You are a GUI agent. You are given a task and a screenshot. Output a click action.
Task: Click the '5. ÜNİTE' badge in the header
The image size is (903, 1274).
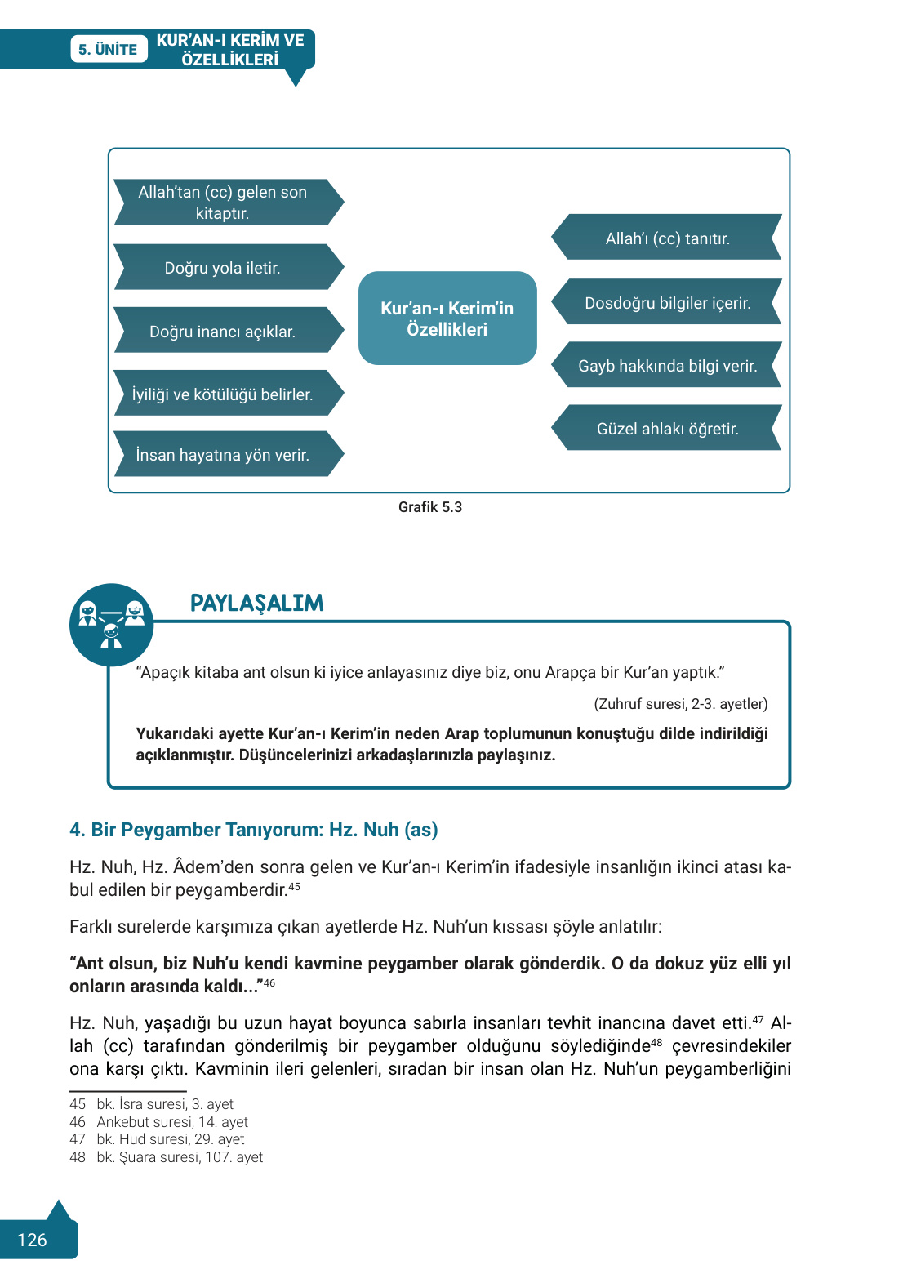click(108, 49)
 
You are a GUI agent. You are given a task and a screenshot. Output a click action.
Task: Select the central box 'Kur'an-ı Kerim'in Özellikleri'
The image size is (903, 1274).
click(447, 318)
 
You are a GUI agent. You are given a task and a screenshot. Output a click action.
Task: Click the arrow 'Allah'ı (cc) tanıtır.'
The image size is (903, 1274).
click(667, 238)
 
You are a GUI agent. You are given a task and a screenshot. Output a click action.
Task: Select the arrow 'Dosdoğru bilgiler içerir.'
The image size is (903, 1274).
click(667, 302)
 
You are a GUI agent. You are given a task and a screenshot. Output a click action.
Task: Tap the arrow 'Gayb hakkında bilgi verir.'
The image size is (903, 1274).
click(667, 365)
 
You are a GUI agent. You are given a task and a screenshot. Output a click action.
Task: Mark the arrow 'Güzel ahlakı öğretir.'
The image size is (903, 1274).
click(667, 428)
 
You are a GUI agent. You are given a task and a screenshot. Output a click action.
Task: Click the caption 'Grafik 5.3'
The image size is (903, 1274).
click(430, 507)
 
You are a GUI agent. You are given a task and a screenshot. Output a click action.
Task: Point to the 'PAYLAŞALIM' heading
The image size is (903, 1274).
click(257, 603)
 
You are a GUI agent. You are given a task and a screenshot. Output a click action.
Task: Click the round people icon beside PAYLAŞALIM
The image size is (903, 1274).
click(111, 625)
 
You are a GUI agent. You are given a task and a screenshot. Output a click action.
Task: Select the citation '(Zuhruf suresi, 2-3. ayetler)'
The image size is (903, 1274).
click(680, 704)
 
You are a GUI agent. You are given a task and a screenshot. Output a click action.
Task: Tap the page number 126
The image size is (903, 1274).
click(33, 1240)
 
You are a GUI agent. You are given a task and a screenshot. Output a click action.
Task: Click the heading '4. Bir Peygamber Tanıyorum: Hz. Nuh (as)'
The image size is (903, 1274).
click(254, 830)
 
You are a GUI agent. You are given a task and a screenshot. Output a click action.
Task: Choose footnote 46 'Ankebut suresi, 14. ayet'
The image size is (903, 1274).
click(171, 1122)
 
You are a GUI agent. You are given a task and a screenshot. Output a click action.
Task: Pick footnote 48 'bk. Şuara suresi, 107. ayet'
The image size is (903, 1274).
click(179, 1157)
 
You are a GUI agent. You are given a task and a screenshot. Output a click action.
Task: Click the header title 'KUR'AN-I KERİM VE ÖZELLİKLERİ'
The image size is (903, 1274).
click(230, 50)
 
